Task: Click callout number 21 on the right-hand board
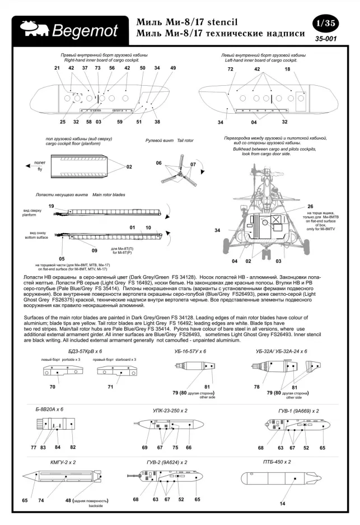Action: tap(57, 68)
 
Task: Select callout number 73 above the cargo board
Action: tap(98, 68)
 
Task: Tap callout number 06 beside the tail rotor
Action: tap(159, 162)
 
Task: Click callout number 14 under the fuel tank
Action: tap(282, 504)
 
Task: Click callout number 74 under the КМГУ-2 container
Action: tap(41, 500)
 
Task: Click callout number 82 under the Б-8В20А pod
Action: tap(73, 447)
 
